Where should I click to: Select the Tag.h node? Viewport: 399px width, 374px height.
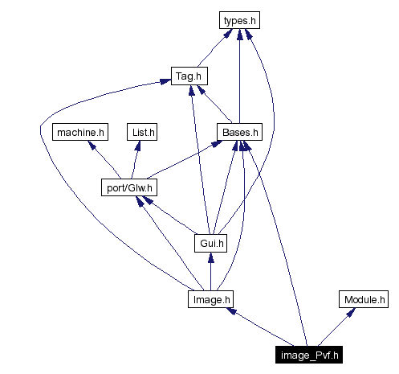189,77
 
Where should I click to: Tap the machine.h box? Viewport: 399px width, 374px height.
79,131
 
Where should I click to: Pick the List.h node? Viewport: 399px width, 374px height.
141,131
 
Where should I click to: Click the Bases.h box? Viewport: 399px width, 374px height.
239,131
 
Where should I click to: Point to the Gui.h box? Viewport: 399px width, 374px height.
210,242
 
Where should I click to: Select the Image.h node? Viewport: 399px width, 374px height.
210,299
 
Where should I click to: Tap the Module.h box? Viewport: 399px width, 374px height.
364,299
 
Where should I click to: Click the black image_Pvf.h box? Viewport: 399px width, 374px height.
311,353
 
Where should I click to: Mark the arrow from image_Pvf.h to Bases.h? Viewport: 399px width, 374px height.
277,241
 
